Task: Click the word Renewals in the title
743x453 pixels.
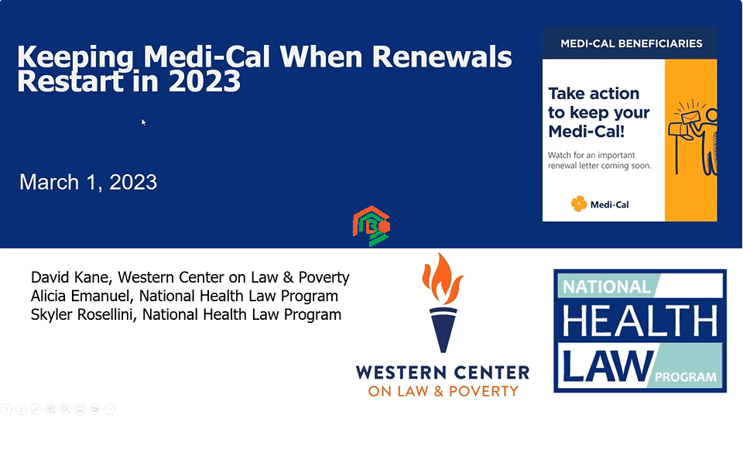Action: click(442, 57)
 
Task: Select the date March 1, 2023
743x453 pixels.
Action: click(88, 183)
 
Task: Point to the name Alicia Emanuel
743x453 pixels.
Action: click(80, 296)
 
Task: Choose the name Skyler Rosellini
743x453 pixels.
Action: click(83, 314)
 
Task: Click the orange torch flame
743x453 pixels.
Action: click(443, 279)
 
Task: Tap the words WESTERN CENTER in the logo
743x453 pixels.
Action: click(443, 373)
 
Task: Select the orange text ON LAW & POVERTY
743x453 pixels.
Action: click(443, 391)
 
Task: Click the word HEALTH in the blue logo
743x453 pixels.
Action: click(640, 321)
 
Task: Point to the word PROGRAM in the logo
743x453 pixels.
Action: click(686, 377)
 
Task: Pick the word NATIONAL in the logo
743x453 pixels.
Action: click(607, 287)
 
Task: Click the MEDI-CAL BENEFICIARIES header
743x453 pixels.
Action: click(632, 43)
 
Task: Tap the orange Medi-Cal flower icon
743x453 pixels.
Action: click(579, 204)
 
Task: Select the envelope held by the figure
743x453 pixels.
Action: click(690, 117)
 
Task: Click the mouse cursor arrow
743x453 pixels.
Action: click(144, 122)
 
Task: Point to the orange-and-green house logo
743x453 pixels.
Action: click(371, 226)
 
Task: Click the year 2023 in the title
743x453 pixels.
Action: click(204, 81)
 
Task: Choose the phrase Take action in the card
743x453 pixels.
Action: click(594, 94)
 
